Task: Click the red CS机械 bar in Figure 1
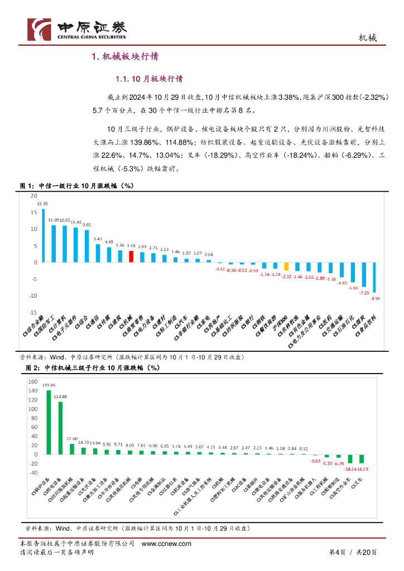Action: [x=131, y=257]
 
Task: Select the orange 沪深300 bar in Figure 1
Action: [x=286, y=267]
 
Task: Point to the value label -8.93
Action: [x=375, y=299]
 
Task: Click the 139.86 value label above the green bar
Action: [x=49, y=385]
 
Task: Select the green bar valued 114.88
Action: [x=60, y=428]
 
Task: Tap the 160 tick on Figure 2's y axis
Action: [x=32, y=382]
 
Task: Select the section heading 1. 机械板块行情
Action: [x=125, y=56]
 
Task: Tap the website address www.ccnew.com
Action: [x=167, y=544]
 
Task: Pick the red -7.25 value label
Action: [x=364, y=293]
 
